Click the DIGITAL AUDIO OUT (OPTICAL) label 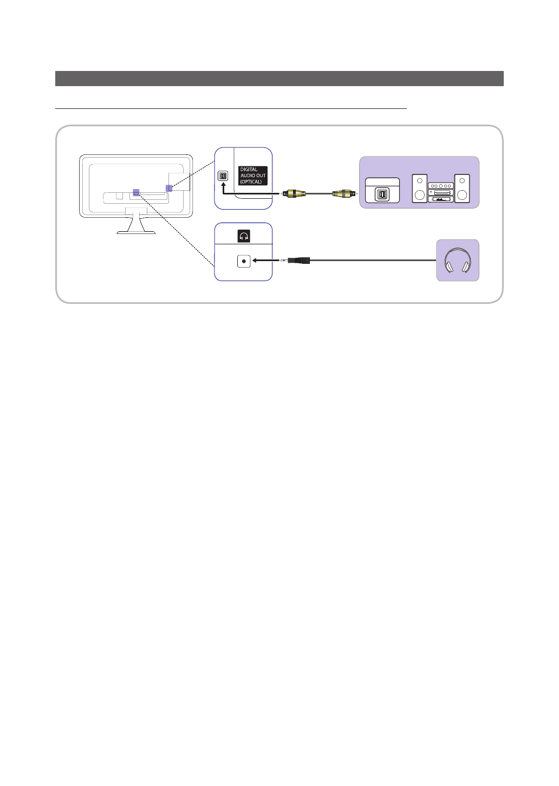(x=253, y=176)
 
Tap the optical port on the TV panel (x=223, y=176)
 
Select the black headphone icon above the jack (x=244, y=236)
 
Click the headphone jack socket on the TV (x=244, y=261)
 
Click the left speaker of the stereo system (x=420, y=189)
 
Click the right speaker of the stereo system (x=462, y=189)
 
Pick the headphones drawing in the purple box (x=458, y=261)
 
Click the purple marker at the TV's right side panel (x=169, y=188)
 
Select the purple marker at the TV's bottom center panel (x=136, y=192)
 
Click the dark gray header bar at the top (x=279, y=79)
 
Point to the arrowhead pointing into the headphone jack (x=256, y=261)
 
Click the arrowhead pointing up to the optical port (x=223, y=185)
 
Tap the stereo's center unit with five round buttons (x=440, y=186)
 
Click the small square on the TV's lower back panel (x=120, y=195)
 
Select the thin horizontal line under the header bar (x=230, y=108)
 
